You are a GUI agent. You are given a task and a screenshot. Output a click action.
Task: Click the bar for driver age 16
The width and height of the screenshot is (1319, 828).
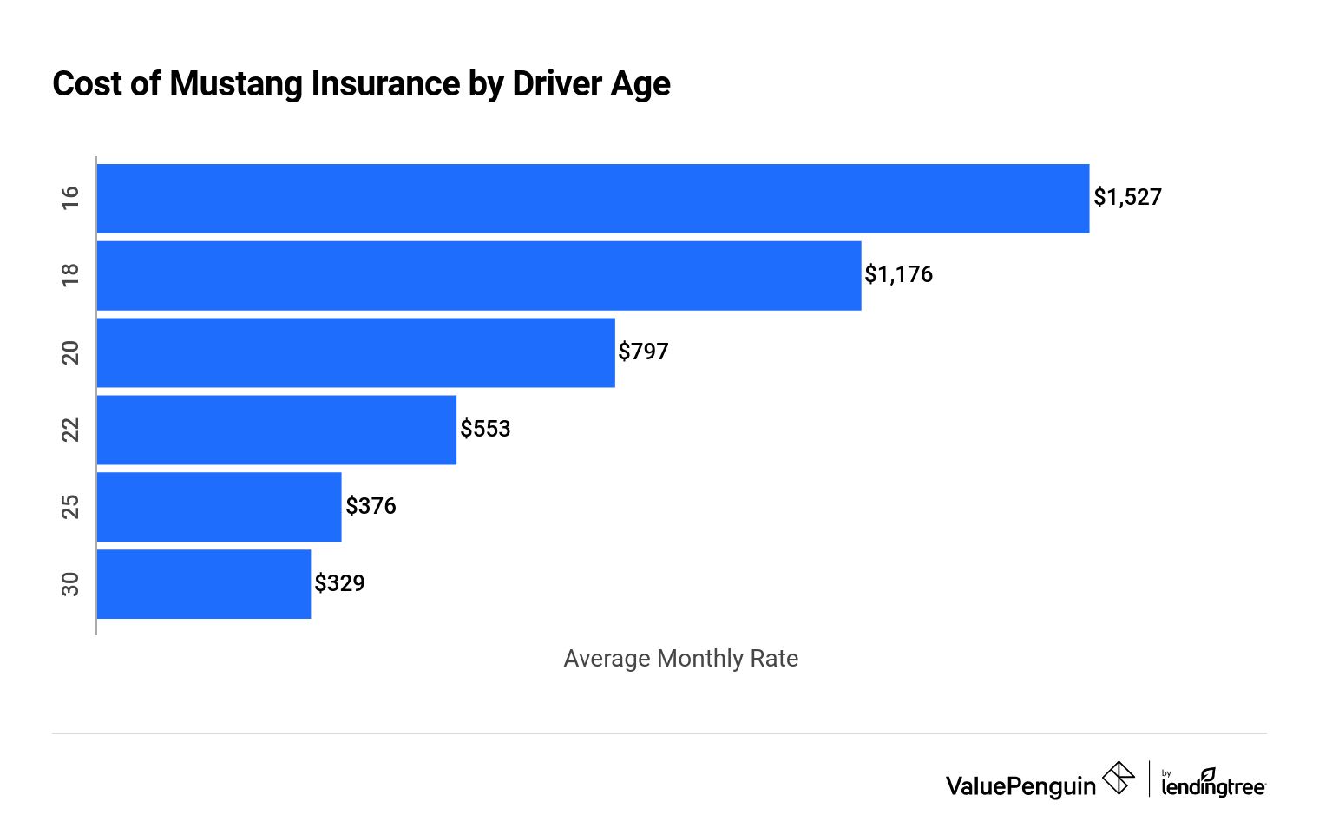click(593, 199)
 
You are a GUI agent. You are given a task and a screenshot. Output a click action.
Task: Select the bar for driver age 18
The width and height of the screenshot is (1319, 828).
click(479, 275)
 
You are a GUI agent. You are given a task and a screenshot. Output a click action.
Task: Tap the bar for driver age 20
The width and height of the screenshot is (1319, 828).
click(356, 352)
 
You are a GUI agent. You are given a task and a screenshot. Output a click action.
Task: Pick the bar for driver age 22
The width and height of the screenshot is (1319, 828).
click(277, 430)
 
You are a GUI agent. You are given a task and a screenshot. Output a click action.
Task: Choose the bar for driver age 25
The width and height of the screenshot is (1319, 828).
click(220, 507)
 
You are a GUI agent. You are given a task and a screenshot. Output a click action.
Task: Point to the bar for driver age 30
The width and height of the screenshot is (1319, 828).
click(204, 584)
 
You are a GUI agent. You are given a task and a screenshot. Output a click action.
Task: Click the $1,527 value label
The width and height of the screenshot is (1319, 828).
click(1127, 198)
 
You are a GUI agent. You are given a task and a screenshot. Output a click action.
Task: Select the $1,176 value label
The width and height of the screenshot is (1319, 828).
click(898, 275)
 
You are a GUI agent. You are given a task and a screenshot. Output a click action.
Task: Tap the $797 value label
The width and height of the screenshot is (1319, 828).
click(643, 352)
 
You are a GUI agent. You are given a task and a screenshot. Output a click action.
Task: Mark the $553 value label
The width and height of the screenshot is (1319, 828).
click(485, 430)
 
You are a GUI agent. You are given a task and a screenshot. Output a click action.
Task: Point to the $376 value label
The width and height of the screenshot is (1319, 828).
click(371, 507)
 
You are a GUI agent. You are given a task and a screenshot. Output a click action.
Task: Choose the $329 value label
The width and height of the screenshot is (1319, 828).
click(339, 584)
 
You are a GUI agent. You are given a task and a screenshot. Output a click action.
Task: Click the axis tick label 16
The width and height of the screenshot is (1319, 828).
click(70, 198)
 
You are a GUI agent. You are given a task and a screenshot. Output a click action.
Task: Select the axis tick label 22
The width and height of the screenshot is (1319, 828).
click(70, 430)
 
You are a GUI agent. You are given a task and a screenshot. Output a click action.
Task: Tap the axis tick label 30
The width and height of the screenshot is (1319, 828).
click(70, 584)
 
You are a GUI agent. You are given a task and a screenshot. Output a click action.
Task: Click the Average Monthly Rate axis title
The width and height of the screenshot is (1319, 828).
click(680, 659)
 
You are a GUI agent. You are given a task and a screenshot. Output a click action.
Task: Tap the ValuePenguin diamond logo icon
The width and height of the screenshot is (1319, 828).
click(1118, 779)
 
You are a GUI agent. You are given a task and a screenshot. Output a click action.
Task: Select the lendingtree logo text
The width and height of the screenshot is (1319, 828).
click(1213, 785)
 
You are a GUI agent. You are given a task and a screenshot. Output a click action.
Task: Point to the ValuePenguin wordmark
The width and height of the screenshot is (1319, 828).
click(1020, 786)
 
